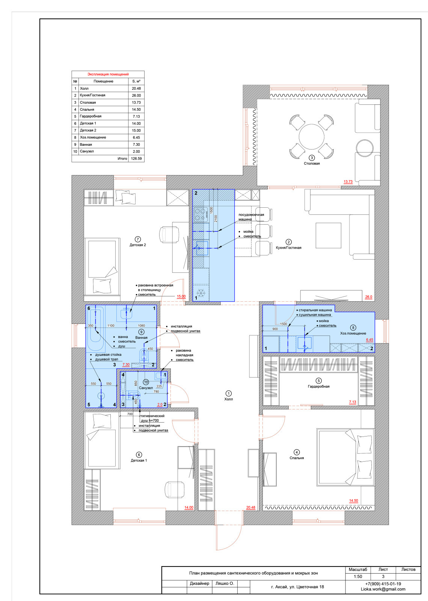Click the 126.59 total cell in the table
point(136,159)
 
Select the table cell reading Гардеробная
point(90,116)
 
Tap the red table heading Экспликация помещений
point(108,74)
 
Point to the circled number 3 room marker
point(312,158)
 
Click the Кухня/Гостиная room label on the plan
point(289,248)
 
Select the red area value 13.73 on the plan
point(348,182)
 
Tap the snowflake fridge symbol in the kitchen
point(201,293)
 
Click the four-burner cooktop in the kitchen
point(200,214)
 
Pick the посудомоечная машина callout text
point(251,217)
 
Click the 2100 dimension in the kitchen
point(216,219)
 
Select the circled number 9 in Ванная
point(141,332)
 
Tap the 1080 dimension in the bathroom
point(141,326)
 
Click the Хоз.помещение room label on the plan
point(353,333)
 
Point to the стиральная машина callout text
point(315,310)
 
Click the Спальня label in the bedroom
point(297,458)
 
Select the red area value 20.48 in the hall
point(251,507)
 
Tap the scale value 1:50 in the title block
point(358,576)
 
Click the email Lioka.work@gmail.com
point(383,589)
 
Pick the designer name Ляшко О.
point(225,583)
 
